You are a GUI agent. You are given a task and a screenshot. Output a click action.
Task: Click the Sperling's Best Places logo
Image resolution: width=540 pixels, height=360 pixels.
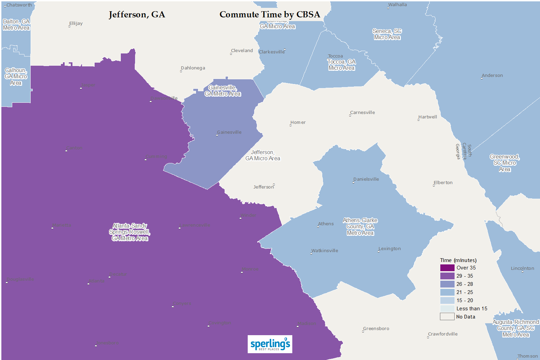[270, 344]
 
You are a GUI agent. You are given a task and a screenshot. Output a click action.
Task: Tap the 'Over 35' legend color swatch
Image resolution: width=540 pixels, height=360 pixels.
[447, 268]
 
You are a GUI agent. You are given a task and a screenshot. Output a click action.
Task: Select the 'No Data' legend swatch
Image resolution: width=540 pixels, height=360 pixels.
[447, 317]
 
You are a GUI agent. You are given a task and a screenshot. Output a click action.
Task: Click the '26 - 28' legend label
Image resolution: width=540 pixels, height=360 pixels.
[464, 284]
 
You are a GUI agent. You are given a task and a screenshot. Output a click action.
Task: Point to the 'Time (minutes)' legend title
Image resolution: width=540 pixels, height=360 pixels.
[458, 260]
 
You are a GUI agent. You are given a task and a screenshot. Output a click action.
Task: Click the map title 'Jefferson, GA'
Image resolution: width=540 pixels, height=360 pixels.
[137, 15]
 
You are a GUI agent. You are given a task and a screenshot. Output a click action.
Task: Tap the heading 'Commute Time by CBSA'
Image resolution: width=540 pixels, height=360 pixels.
[269, 15]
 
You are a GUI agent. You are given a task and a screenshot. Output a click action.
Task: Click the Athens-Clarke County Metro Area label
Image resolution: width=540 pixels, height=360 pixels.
[360, 227]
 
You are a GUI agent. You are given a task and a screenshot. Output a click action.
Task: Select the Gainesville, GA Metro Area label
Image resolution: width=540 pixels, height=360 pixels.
[223, 91]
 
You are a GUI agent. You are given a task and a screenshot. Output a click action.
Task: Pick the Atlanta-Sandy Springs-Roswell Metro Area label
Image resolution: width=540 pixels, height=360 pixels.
[130, 232]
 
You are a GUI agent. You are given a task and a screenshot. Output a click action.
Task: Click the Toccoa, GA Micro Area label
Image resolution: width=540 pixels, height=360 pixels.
[342, 65]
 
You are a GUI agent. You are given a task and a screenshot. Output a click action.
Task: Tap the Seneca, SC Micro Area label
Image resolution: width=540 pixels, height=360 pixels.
[387, 34]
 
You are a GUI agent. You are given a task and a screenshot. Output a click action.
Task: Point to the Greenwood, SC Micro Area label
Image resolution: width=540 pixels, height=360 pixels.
[505, 163]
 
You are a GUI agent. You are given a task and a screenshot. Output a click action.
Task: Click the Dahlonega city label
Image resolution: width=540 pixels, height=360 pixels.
[193, 68]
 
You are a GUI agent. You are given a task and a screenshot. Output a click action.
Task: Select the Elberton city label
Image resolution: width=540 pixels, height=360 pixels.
[443, 183]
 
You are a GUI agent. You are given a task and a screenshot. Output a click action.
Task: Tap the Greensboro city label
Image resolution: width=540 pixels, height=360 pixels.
[376, 329]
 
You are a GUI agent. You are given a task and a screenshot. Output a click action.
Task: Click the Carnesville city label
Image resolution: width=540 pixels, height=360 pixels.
[362, 113]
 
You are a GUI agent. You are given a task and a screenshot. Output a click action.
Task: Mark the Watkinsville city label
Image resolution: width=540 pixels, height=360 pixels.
[325, 251]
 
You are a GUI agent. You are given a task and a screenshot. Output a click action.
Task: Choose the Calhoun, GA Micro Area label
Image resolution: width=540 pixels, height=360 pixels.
[16, 77]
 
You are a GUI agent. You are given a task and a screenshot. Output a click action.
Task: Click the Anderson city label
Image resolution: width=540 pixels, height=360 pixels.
[492, 76]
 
